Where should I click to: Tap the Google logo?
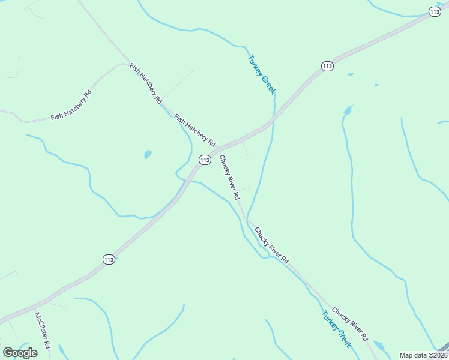(20, 353)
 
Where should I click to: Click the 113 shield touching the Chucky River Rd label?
(205, 160)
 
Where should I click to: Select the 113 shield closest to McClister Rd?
(108, 259)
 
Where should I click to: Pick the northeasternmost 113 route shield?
(435, 11)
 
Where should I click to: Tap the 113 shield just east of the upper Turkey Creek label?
(327, 66)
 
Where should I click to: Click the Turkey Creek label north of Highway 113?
(261, 74)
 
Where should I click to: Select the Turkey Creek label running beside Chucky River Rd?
(336, 329)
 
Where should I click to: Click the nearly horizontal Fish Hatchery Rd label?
(71, 105)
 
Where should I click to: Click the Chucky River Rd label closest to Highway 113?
(229, 178)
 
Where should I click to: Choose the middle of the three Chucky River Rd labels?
(271, 245)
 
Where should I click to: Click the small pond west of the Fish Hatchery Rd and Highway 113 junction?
(148, 154)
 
